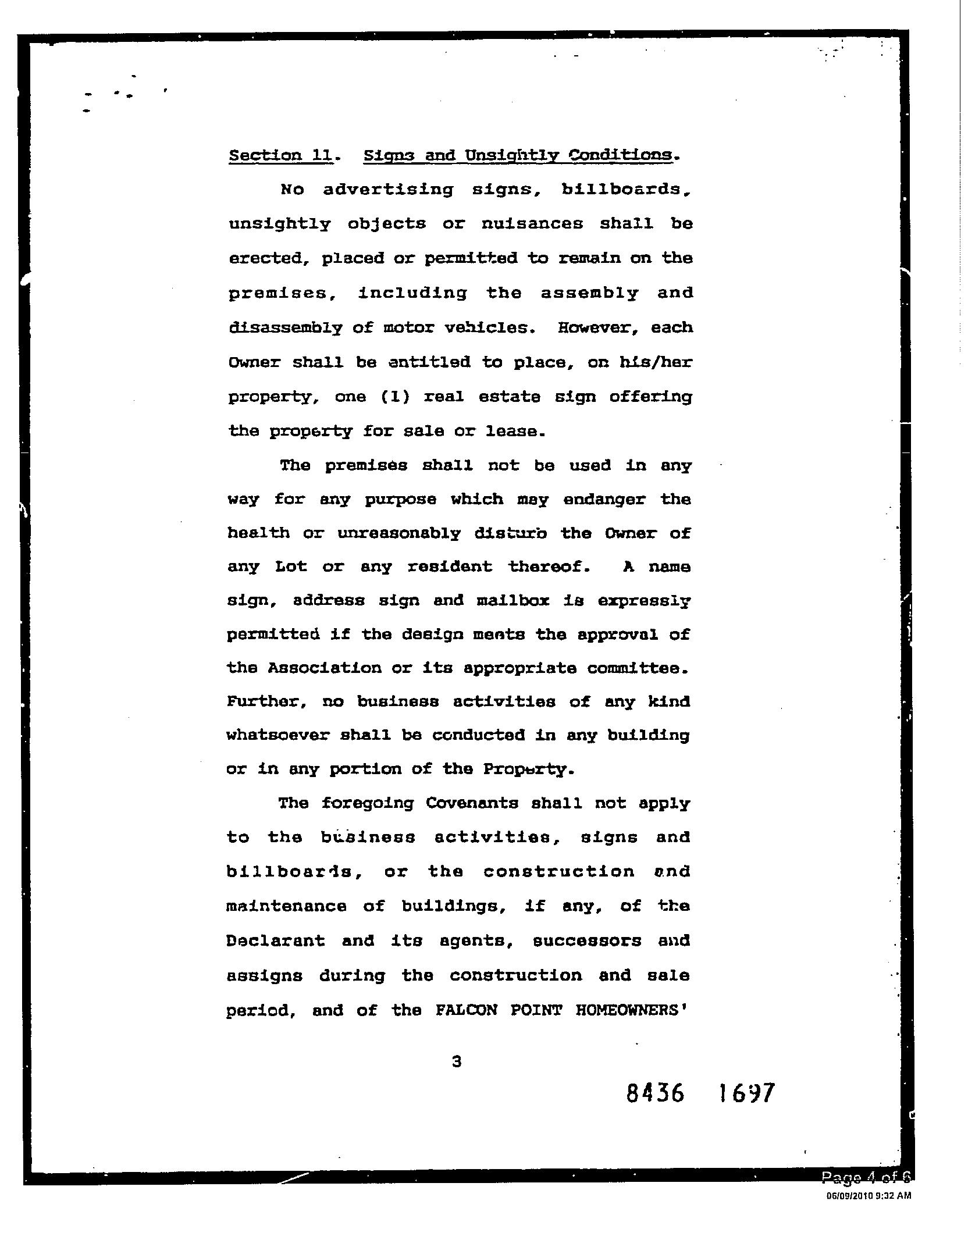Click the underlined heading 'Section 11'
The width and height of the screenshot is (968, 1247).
coord(280,156)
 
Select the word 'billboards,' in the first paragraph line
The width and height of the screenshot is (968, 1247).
coord(627,190)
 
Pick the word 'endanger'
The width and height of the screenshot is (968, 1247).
coord(604,499)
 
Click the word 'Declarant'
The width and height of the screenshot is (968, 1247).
coord(275,940)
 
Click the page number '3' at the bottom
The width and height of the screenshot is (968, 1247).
coord(457,1061)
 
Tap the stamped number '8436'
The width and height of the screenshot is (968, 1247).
coord(656,1093)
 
